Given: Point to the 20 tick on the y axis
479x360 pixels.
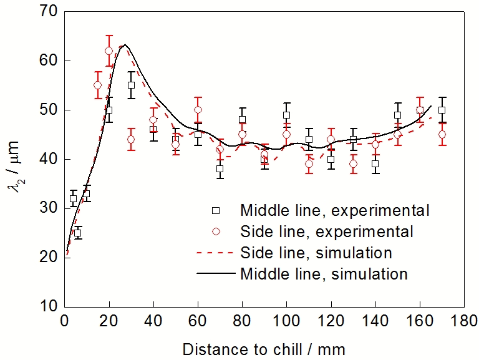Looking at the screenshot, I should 49,256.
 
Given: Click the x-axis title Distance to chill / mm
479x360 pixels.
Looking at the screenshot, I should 264,347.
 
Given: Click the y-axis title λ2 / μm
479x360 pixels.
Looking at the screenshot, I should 19,159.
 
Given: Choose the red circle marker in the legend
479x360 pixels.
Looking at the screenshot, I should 216,231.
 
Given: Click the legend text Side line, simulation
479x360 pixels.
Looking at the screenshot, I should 316,253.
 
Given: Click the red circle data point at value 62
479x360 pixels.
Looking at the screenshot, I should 109,51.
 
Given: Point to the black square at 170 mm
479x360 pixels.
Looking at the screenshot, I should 442,110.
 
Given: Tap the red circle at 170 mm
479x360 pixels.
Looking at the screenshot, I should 442,134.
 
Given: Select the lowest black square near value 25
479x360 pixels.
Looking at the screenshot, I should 78,233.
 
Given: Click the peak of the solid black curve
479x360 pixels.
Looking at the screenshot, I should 125,45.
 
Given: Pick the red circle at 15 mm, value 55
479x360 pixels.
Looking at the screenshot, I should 98,85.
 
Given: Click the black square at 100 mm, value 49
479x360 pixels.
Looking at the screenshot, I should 286,115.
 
